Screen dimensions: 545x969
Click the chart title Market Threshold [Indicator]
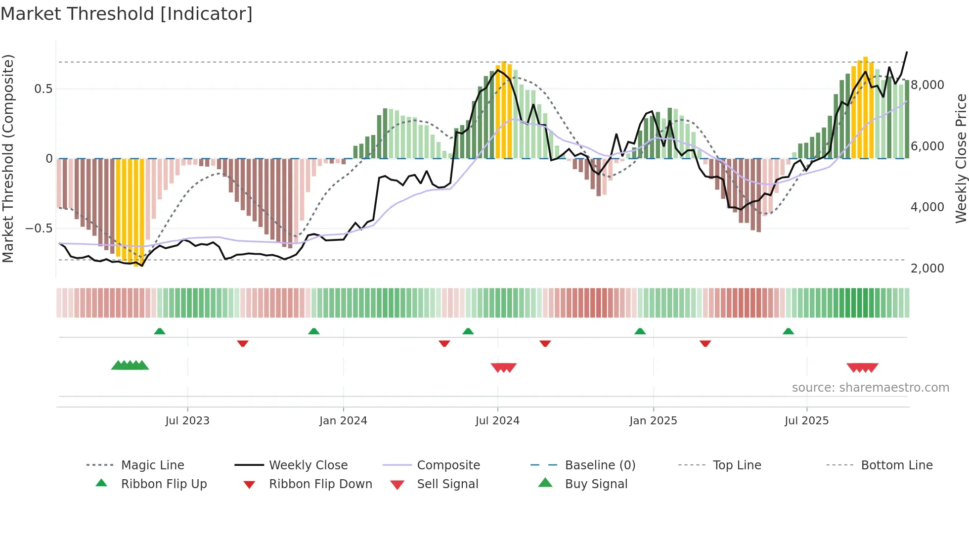127,14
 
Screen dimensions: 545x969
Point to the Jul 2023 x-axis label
187,420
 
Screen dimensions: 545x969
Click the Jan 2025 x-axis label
653,420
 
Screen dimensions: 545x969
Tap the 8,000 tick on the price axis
927,85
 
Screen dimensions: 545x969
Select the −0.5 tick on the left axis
39,228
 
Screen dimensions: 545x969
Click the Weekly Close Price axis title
961,158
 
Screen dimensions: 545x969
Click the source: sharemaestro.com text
870,387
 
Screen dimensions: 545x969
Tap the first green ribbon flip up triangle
160,331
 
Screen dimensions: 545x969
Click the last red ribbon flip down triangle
705,343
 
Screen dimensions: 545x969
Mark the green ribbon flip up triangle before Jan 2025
640,331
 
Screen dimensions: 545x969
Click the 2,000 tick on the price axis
927,268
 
